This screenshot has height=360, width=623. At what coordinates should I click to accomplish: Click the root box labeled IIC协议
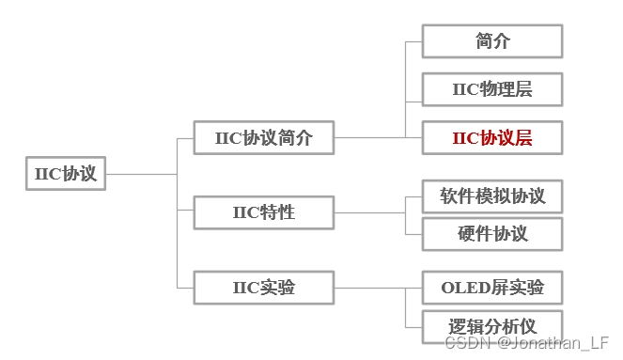pos(66,174)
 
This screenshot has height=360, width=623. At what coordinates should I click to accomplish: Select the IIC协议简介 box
pos(263,137)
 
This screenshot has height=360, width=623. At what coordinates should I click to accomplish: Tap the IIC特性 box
pos(263,211)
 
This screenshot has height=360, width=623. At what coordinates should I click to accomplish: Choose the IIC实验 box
pos(263,287)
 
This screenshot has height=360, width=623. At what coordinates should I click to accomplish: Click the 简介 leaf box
pos(492,41)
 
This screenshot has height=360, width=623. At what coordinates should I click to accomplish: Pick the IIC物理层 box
pos(492,89)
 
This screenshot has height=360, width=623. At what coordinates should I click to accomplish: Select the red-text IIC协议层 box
pos(492,137)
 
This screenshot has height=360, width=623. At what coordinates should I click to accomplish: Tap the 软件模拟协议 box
pos(492,196)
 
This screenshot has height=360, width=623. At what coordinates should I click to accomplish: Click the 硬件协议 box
pos(492,233)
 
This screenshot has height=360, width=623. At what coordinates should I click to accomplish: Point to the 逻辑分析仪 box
pos(492,326)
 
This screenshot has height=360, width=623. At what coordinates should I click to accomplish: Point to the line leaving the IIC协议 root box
pos(141,174)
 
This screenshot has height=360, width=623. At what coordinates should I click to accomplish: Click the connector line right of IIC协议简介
pos(368,137)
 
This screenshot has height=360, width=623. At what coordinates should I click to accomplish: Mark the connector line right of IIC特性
pos(368,211)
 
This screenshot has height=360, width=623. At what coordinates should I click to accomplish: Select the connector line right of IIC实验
pos(368,287)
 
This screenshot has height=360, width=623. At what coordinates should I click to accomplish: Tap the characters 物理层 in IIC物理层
pos(506,89)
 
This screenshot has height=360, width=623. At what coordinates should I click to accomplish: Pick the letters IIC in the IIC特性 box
pos(244,211)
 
